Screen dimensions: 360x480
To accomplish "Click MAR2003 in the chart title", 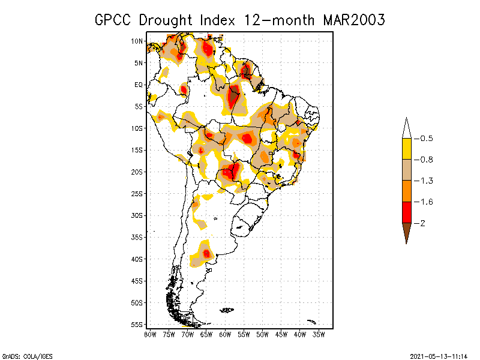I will pyautogui.click(x=353, y=20).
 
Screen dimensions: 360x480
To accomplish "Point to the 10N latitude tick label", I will pyautogui.click(x=137, y=41).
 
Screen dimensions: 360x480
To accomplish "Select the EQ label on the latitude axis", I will pyautogui.click(x=139, y=85).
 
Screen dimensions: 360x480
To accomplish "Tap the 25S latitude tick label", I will pyautogui.click(x=137, y=194).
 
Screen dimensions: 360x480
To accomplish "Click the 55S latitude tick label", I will pyautogui.click(x=137, y=325).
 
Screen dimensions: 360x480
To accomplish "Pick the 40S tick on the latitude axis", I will pyautogui.click(x=137, y=259).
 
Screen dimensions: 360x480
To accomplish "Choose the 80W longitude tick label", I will pyautogui.click(x=150, y=334).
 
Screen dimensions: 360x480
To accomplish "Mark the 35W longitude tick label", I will pyautogui.click(x=319, y=334).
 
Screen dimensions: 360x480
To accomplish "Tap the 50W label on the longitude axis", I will pyautogui.click(x=263, y=334).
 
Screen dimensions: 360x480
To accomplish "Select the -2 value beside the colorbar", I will pyautogui.click(x=423, y=223).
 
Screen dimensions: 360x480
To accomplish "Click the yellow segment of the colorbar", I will pyautogui.click(x=406, y=149).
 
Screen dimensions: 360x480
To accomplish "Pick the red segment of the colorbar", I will pyautogui.click(x=406, y=212).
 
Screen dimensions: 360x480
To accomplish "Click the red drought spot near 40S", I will pyautogui.click(x=206, y=254).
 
